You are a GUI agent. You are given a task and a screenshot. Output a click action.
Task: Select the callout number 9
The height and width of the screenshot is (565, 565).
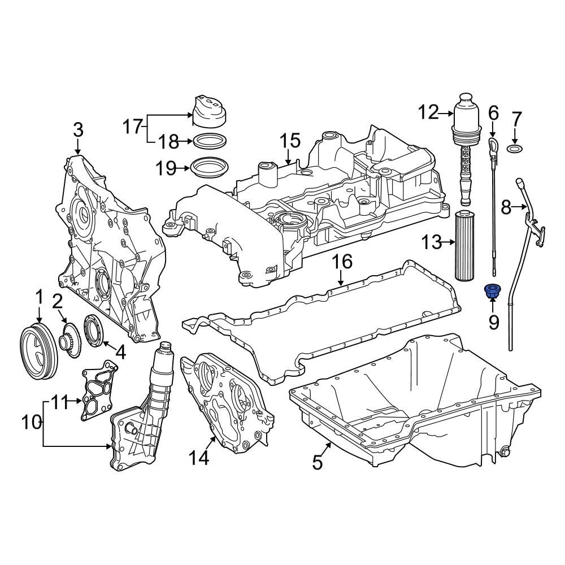pyautogui.click(x=493, y=322)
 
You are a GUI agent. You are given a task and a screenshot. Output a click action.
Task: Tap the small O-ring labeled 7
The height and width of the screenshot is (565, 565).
pyautogui.click(x=515, y=149)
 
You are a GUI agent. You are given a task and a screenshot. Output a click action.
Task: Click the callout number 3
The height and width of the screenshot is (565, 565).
pyautogui.click(x=78, y=130)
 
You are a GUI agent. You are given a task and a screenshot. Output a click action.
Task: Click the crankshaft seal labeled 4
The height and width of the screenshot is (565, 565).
pyautogui.click(x=94, y=331)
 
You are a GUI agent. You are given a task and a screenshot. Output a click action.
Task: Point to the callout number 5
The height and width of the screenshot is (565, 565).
pyautogui.click(x=318, y=462)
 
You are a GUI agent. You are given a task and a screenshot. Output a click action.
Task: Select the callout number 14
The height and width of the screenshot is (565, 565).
pyautogui.click(x=199, y=458)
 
